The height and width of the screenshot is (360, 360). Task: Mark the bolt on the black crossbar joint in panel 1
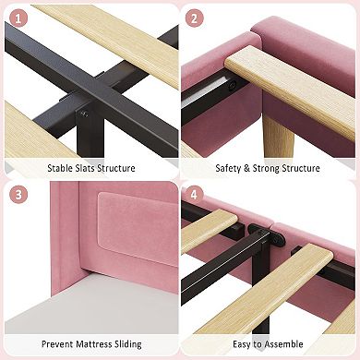coord(84,114)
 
